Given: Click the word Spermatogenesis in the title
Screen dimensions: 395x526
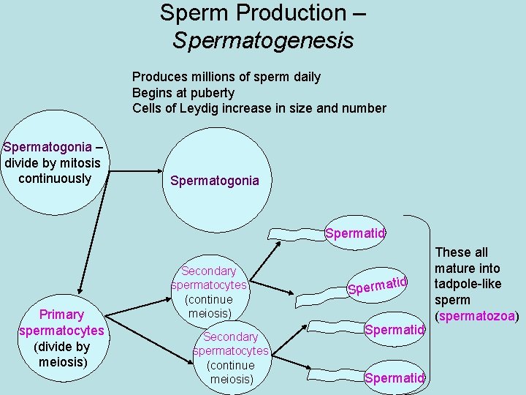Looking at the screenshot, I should (x=263, y=39).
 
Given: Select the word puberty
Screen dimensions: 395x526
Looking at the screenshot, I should (x=211, y=93).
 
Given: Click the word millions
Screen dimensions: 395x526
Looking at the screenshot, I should (x=208, y=77).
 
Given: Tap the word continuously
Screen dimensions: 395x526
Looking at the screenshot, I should (x=55, y=178).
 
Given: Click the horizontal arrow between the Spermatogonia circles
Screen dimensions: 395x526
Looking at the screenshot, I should (x=134, y=171).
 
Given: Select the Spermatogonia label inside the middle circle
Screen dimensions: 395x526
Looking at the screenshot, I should (x=214, y=181).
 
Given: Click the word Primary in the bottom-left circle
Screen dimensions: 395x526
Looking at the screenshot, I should (x=61, y=315).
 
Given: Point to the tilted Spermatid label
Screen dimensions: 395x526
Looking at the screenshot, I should (x=377, y=285).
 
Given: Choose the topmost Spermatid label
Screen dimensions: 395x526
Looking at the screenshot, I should (x=354, y=234).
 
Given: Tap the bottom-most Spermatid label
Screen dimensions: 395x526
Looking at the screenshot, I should (x=394, y=377).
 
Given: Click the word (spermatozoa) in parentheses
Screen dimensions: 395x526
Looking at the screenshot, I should (x=476, y=317).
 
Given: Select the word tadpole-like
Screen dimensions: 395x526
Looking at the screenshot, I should (x=468, y=284).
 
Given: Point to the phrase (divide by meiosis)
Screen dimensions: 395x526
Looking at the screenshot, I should (x=61, y=355).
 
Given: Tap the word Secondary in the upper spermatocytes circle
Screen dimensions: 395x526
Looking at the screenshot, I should (x=209, y=271).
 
